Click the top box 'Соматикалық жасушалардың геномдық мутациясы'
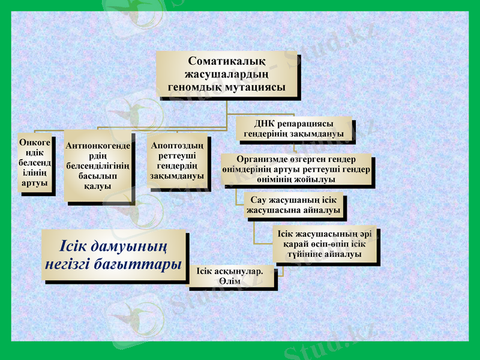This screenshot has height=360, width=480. pos(226,74)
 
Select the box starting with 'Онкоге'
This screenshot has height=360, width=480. pos(34,163)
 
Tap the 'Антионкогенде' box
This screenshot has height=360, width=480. pos(98,166)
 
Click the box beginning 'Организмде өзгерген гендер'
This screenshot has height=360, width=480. pos(296,170)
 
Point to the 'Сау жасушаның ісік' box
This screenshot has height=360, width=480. pos(293,205)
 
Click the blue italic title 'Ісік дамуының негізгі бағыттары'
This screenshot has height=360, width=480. pos(113,255)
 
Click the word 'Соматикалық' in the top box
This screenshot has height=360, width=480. pos(226,61)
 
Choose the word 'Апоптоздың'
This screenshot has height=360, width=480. pos(176,145)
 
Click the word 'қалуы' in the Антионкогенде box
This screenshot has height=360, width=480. pos(98,187)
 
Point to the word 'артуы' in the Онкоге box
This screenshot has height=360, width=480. pos(34,182)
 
